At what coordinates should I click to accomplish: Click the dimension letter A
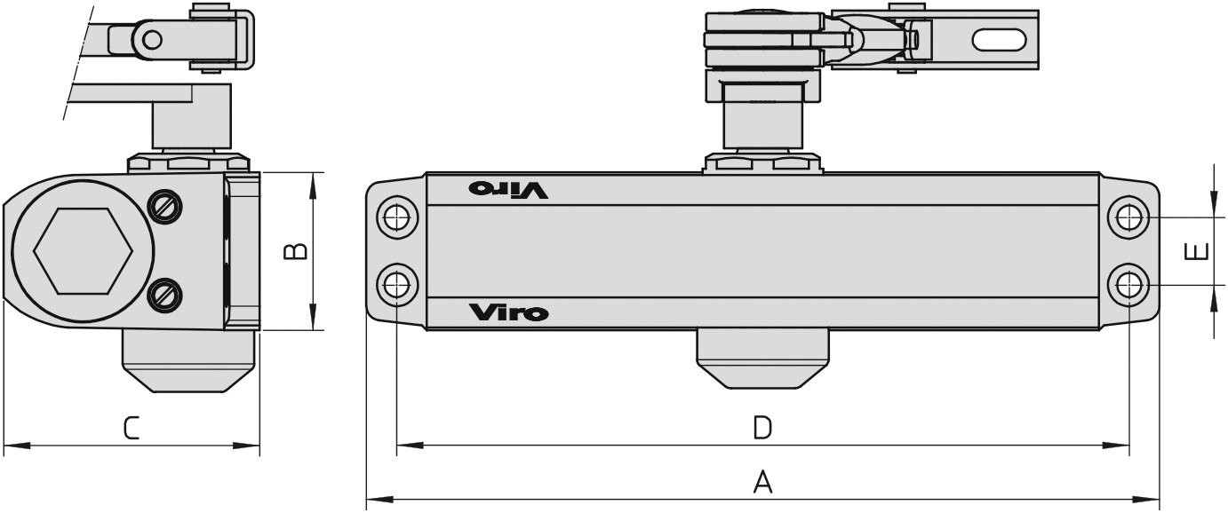pos(762,482)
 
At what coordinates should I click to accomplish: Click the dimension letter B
pos(295,251)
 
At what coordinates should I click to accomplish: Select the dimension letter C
pos(131,428)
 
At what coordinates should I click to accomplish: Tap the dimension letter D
pos(762,428)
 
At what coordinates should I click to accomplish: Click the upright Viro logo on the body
pos(508,312)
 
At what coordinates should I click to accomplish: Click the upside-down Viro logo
pos(508,189)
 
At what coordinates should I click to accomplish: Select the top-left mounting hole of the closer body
pos(397,217)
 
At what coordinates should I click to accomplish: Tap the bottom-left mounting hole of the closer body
pos(397,285)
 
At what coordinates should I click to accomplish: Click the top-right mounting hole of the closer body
pos(1128,217)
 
